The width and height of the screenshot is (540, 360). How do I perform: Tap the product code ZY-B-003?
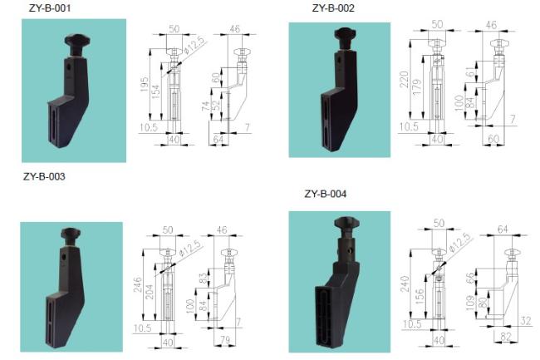(45, 176)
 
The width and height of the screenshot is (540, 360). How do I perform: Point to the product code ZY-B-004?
(326, 195)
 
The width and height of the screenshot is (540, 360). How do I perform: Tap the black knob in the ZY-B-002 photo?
(346, 37)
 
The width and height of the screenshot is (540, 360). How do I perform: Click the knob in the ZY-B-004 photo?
(346, 224)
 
